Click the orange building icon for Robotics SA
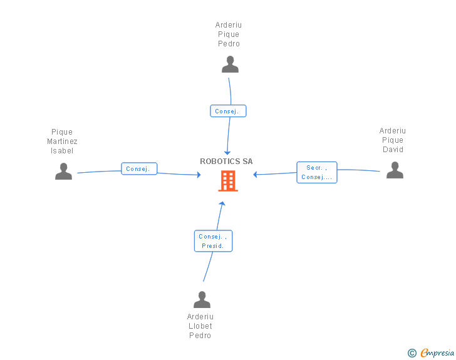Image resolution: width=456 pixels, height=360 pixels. pos(227,181)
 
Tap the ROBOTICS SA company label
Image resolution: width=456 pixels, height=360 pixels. pos(226,162)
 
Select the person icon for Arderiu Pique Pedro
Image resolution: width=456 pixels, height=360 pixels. pos(230,64)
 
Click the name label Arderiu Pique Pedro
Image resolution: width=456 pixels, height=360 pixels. pos(229,34)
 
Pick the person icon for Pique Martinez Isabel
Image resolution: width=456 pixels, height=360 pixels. pos(63,171)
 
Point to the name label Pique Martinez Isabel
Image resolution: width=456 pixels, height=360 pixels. pos(62,141)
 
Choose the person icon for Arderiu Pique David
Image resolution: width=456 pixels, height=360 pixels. pos(395,170)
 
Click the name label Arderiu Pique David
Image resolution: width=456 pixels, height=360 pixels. pos(392,140)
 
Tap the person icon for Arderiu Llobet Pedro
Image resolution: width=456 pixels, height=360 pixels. pos(202,300)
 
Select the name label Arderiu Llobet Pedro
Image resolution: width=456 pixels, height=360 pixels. pos(200,326)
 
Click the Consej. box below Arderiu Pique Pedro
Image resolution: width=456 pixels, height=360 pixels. pos(228,111)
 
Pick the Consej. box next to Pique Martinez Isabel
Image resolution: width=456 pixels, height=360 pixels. pos(139,169)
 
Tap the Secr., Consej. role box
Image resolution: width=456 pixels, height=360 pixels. pos(317,172)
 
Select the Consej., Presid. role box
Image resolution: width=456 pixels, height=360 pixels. pos(213,241)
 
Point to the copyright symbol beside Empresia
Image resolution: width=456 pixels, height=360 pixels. pos(412,353)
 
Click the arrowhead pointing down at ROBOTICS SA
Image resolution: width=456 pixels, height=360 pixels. pos(227,152)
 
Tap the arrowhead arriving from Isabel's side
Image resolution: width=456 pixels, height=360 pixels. pos(198,175)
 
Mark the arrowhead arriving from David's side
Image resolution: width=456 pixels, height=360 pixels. pos(256,175)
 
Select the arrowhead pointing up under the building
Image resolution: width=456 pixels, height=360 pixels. pos(222,203)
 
